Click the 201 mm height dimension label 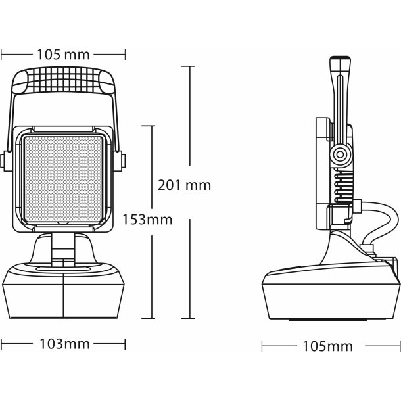click(185, 185)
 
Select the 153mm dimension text click(148, 219)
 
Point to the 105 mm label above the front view click(64, 54)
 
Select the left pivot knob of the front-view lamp click(5, 158)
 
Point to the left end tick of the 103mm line click(2, 344)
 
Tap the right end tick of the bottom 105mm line click(398, 346)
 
